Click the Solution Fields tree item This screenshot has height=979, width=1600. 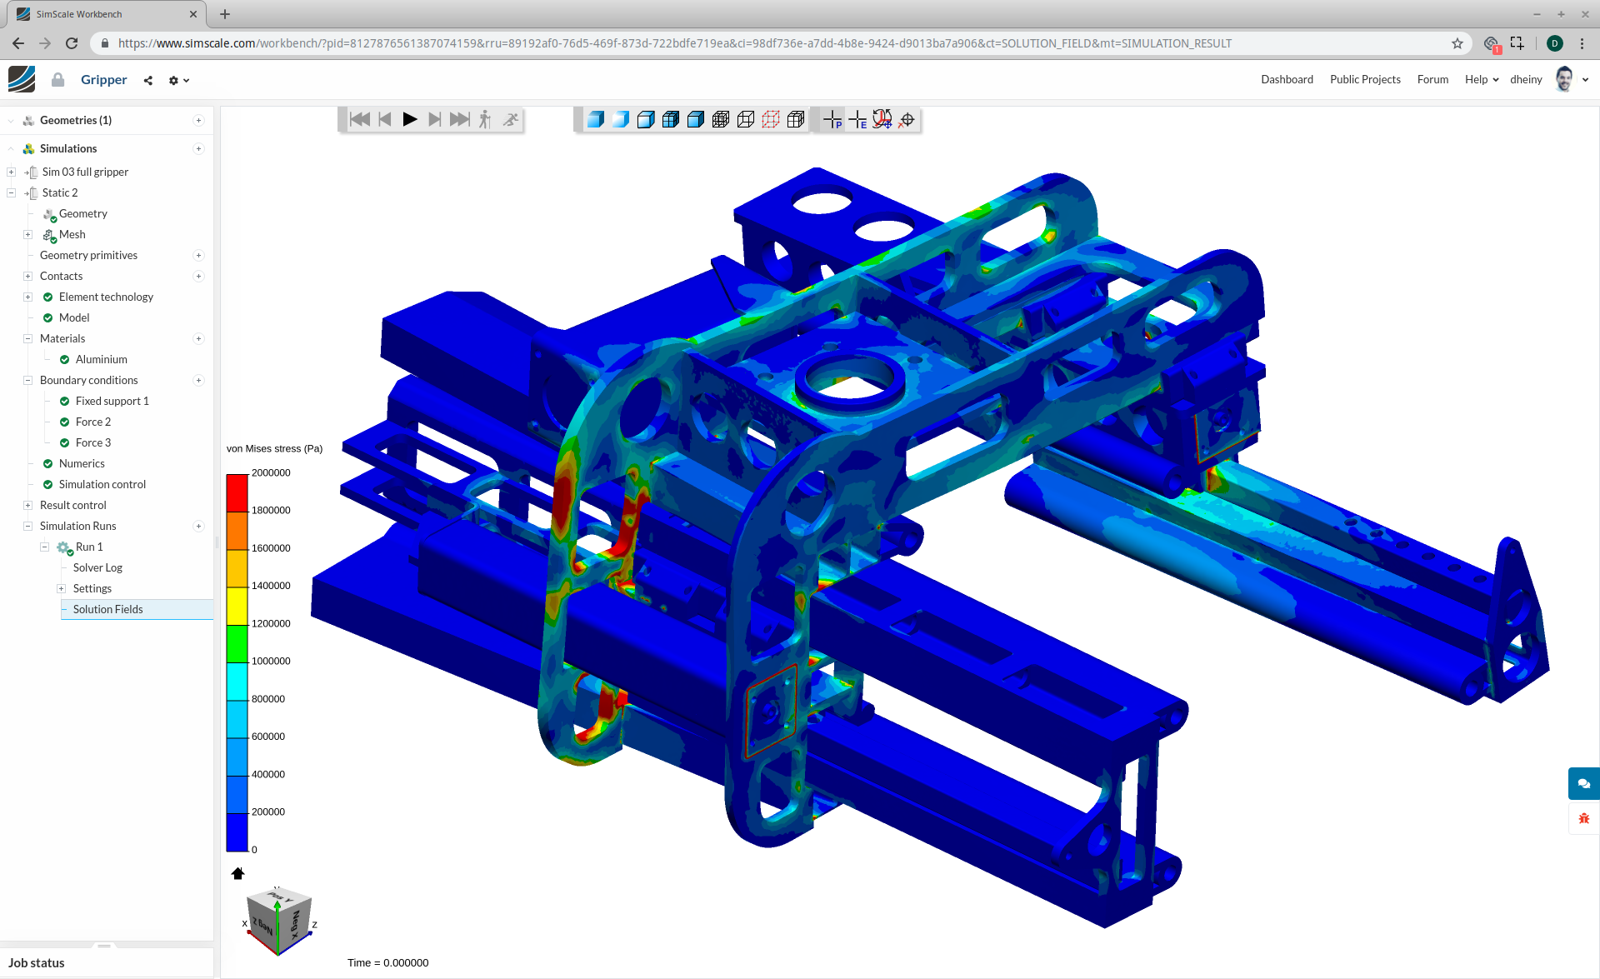(x=107, y=609)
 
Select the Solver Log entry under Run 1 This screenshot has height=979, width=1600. (x=97, y=567)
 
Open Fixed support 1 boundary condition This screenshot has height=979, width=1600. (x=112, y=401)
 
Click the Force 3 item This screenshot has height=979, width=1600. (x=92, y=442)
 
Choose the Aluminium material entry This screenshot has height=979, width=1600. (x=101, y=359)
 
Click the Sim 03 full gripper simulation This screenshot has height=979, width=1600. (x=85, y=172)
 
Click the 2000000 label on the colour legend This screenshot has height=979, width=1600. (x=271, y=472)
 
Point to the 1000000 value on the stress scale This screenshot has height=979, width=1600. (x=271, y=661)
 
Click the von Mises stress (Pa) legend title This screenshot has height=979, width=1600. (x=274, y=448)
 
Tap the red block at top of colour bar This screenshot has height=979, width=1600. (x=237, y=492)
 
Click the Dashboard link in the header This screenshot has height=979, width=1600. (x=1287, y=79)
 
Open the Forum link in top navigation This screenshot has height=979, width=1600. (x=1432, y=79)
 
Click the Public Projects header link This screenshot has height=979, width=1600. (x=1365, y=79)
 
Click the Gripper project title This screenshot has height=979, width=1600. (x=104, y=79)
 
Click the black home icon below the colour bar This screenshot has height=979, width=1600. (x=237, y=873)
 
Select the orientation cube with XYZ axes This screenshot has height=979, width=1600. (x=279, y=922)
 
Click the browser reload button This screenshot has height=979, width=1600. (x=72, y=43)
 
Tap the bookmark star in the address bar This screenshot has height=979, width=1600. (x=1457, y=43)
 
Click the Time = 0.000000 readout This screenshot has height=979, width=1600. (x=387, y=962)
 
